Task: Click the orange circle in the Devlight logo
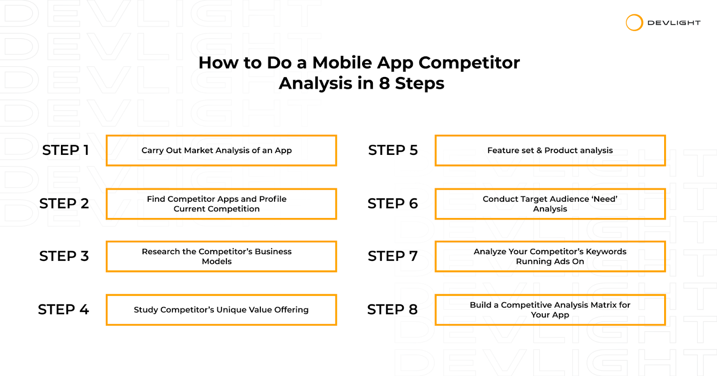(x=634, y=15)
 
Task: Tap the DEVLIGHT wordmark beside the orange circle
(x=674, y=23)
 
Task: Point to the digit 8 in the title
(x=384, y=83)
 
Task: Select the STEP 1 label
(x=65, y=150)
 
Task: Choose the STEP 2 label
(x=64, y=203)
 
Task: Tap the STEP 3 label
(x=64, y=256)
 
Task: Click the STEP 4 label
(x=63, y=309)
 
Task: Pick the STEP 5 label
(x=393, y=150)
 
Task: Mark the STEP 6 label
(x=393, y=203)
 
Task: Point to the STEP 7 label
(x=393, y=256)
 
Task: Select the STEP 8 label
(x=393, y=309)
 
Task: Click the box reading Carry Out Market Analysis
(x=221, y=150)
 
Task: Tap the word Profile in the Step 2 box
(x=273, y=199)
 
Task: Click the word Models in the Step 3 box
(x=217, y=261)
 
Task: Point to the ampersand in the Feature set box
(x=539, y=150)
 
